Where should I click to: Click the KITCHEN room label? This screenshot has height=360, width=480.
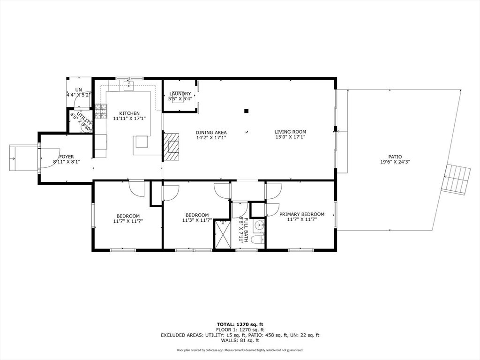coord(129,113)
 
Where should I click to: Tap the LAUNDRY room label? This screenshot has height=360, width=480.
coord(180,94)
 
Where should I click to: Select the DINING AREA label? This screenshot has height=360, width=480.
coord(211,132)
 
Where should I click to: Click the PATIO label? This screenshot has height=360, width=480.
coord(394,157)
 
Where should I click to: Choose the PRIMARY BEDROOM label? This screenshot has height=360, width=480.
coord(302,214)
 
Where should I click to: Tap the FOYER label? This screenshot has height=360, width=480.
coord(66,157)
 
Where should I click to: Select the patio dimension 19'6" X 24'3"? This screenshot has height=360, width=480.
coord(394,162)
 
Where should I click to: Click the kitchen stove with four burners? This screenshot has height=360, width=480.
coord(100,112)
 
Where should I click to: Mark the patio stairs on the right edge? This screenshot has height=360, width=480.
coord(457,180)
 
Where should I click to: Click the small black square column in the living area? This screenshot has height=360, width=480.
coord(246,111)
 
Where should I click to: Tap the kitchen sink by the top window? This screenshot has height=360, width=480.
coord(129,85)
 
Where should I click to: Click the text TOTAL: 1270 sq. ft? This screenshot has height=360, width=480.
coord(240,324)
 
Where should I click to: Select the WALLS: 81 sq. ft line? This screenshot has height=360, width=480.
coord(240,341)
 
